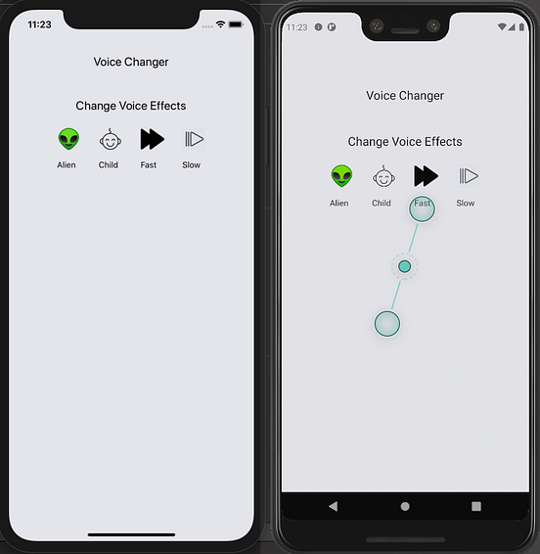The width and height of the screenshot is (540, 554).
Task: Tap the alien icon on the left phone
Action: [x=68, y=139]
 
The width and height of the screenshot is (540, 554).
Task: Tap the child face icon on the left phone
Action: [x=111, y=139]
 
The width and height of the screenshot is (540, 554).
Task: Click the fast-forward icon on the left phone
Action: [x=153, y=139]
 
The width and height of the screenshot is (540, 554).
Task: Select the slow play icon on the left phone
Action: [x=194, y=139]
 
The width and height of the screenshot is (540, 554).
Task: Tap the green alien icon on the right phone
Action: [x=341, y=176]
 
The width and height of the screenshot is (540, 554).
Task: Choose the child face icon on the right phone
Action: [x=383, y=176]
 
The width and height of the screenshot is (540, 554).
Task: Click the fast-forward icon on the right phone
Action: [x=426, y=176]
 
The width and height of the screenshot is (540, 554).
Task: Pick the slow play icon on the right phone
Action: [x=469, y=176]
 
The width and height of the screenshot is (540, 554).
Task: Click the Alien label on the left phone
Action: [x=67, y=165]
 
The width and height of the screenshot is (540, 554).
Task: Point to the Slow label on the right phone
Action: [x=466, y=204]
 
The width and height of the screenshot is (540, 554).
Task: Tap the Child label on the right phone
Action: [x=382, y=204]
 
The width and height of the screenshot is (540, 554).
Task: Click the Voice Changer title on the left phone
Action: [x=131, y=63]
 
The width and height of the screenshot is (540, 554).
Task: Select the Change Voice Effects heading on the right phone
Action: [x=405, y=142]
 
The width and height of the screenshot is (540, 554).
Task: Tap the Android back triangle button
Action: [x=333, y=506]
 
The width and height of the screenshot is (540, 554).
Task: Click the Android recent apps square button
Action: [x=476, y=506]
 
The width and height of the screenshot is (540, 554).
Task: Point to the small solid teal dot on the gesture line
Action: [x=404, y=266]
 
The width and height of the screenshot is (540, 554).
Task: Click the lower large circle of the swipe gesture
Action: [x=387, y=324]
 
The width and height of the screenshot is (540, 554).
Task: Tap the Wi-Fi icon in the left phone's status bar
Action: [x=221, y=24]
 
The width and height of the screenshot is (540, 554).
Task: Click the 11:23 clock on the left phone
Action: [x=39, y=24]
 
